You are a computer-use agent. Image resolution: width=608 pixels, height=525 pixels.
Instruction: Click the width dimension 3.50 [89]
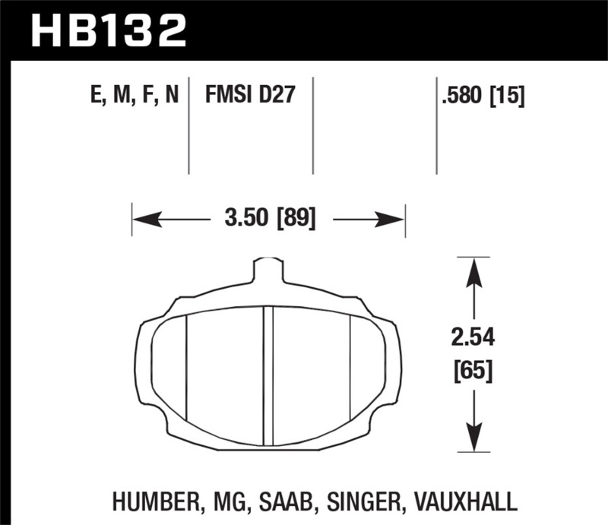269,220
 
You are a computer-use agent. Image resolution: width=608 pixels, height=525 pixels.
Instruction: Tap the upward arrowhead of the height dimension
473,270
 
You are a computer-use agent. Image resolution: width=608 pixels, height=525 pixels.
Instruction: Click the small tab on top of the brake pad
267,270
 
